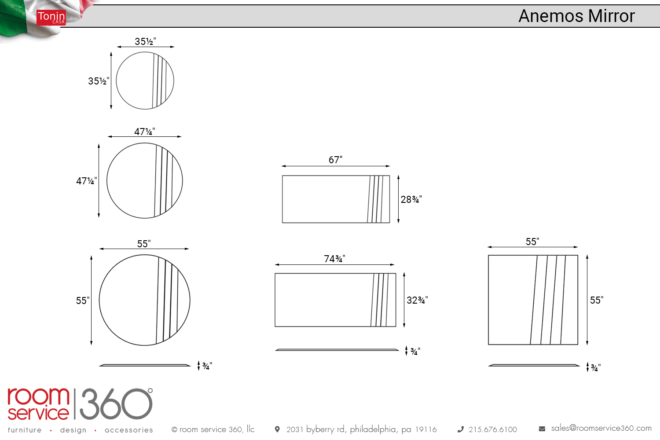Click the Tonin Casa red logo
(x=51, y=18)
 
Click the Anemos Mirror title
(x=576, y=15)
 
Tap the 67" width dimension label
(x=336, y=160)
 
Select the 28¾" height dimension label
(x=411, y=199)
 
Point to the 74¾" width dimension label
(x=334, y=259)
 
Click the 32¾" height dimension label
(x=417, y=300)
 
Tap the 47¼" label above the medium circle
(x=145, y=132)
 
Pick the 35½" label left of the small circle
(x=99, y=81)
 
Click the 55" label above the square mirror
(x=532, y=242)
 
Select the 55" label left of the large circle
(x=83, y=301)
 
